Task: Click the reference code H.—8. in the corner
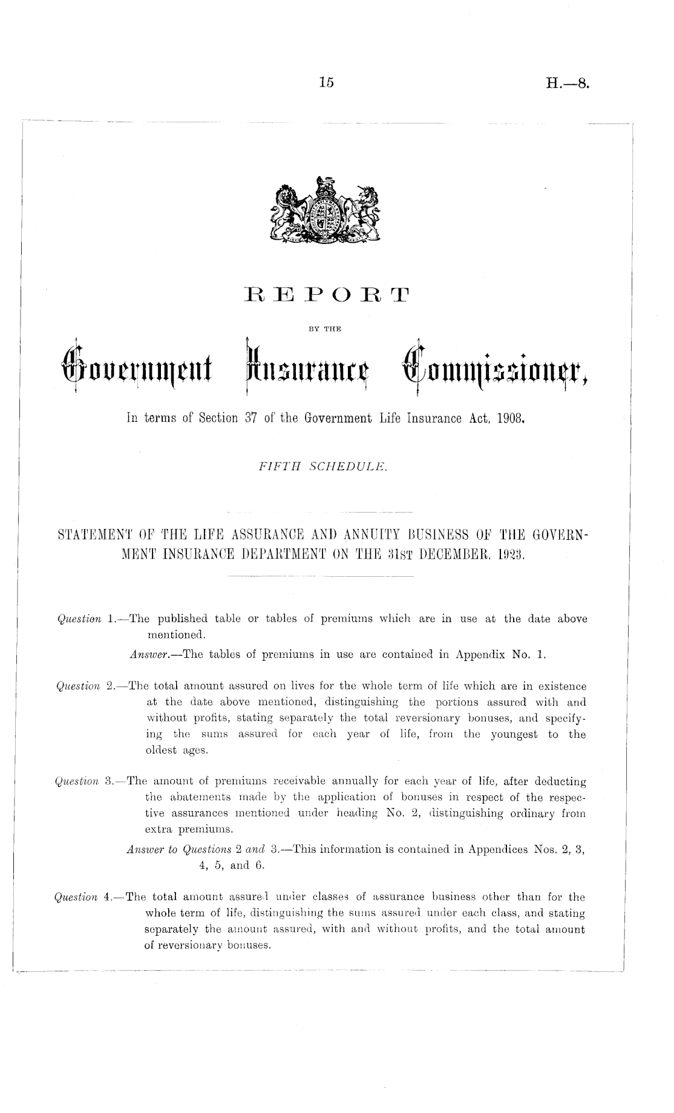pyautogui.click(x=567, y=84)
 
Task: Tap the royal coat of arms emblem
pyautogui.click(x=327, y=211)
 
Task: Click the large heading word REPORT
pyautogui.click(x=326, y=297)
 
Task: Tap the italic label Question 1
pyautogui.click(x=85, y=619)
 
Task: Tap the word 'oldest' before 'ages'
pyautogui.click(x=159, y=750)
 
